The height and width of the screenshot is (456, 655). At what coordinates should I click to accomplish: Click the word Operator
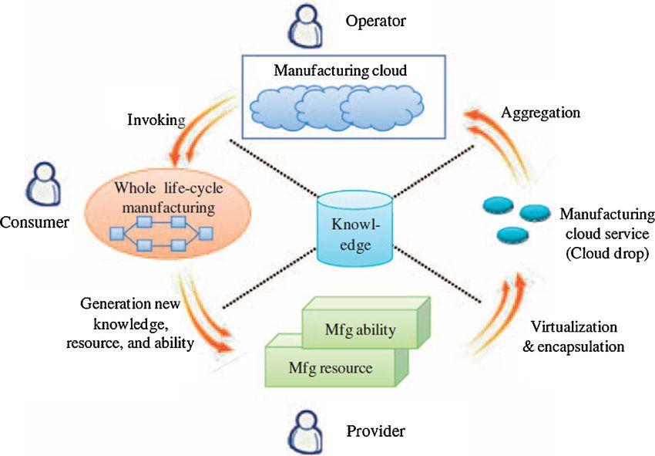coord(375,22)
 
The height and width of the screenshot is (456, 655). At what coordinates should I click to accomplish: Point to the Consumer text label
coord(35,222)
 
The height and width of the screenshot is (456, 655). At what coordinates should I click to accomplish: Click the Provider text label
coord(375,431)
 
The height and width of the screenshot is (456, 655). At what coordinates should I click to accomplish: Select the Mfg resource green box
coord(330,368)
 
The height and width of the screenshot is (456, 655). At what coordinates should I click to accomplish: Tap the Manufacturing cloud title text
coord(340,71)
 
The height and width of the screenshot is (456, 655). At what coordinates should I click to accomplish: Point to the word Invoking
coord(156,120)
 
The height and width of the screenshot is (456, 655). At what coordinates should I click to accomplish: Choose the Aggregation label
coord(540,113)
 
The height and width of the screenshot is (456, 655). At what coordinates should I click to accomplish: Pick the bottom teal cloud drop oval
coord(511,234)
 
